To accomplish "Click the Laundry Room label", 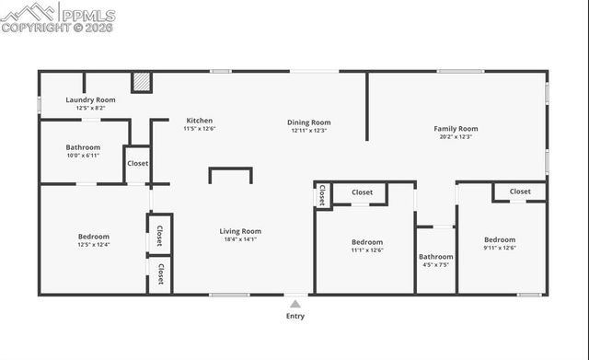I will (x=90, y=99).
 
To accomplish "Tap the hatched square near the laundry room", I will (x=141, y=83).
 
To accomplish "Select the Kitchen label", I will (x=200, y=121).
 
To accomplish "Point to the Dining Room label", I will (x=309, y=122).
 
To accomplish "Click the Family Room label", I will (x=456, y=129).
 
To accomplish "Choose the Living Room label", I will (x=240, y=231).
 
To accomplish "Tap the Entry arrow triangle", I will (x=294, y=302).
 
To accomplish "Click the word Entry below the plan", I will (x=294, y=316).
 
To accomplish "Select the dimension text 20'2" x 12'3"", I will (x=456, y=137).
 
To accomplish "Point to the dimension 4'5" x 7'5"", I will (x=435, y=265).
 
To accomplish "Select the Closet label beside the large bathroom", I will (x=137, y=163).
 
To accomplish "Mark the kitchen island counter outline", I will (x=230, y=172).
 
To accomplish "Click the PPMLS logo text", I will (x=87, y=16).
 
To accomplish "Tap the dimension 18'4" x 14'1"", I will (x=240, y=239).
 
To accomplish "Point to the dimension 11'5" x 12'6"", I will (x=200, y=129).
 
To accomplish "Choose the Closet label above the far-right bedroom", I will (x=520, y=192).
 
